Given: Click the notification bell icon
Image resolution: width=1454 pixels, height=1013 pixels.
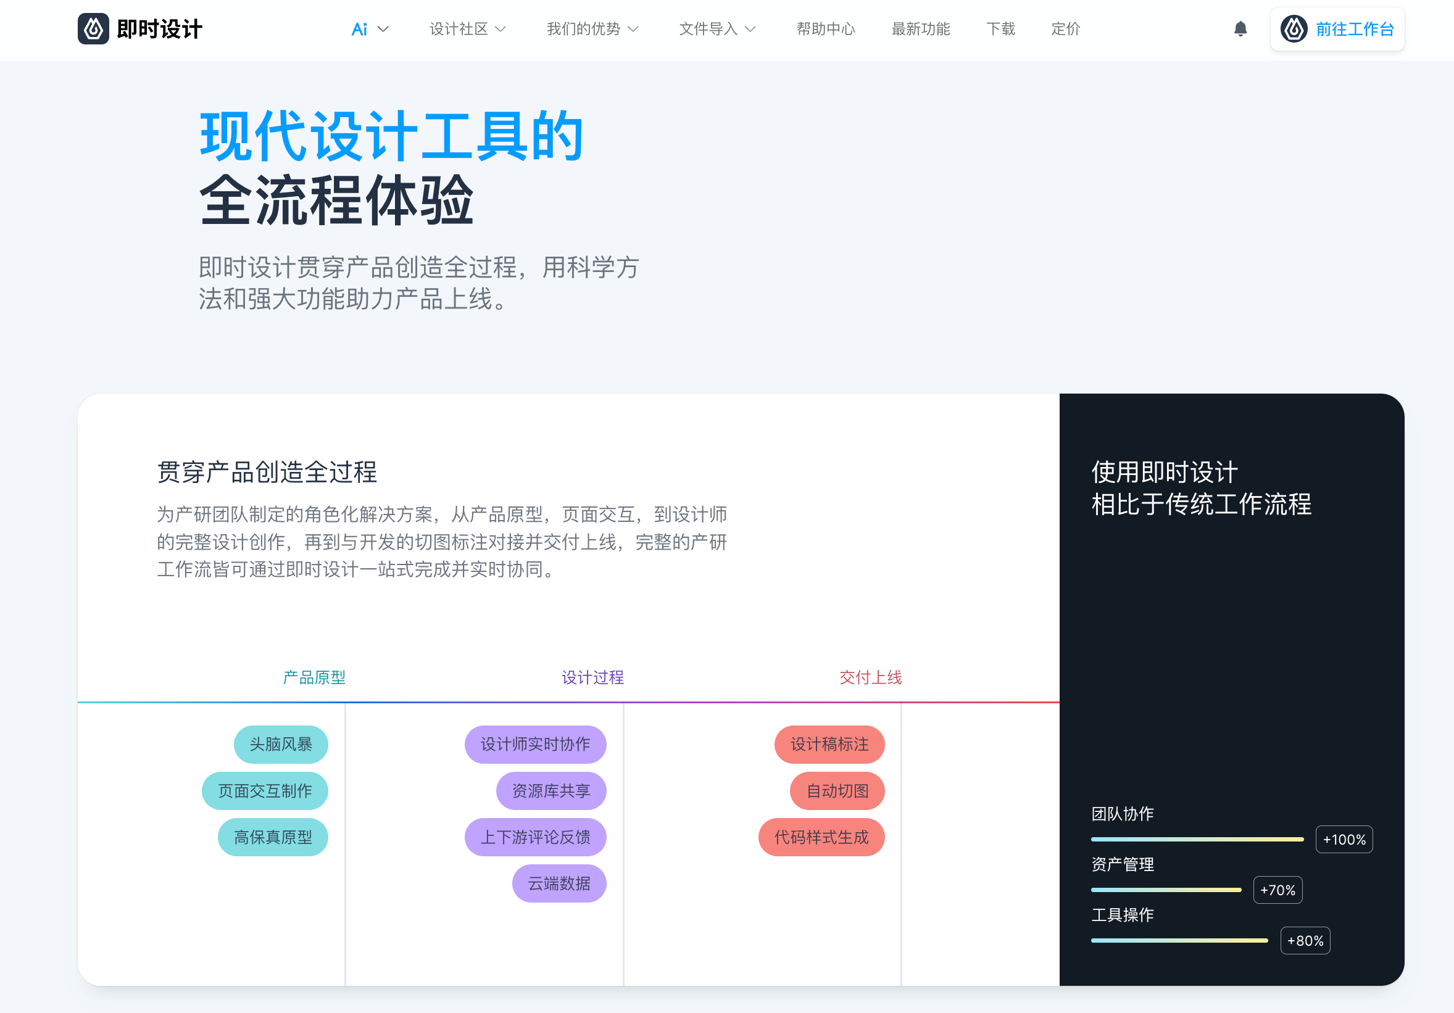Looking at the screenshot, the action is pyautogui.click(x=1240, y=29).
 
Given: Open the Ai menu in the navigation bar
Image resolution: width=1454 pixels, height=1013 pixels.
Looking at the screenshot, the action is pyautogui.click(x=370, y=29).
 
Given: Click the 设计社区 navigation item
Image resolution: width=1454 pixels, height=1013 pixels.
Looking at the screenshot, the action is pyautogui.click(x=467, y=29).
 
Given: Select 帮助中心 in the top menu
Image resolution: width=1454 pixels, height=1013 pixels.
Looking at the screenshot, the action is pyautogui.click(x=826, y=29).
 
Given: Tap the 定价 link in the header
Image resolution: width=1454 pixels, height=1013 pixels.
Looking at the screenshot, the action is pyautogui.click(x=1065, y=29).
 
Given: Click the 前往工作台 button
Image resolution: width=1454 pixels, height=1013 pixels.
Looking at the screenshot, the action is pyautogui.click(x=1337, y=29).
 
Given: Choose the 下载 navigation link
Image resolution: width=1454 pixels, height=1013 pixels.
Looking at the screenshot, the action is pyautogui.click(x=1000, y=29).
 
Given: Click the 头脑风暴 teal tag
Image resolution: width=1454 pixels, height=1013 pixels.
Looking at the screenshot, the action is pyautogui.click(x=281, y=744).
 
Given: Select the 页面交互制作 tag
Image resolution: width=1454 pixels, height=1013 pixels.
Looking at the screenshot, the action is pyautogui.click(x=265, y=791).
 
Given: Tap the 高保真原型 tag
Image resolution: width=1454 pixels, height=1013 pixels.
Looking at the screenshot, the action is pyautogui.click(x=273, y=837).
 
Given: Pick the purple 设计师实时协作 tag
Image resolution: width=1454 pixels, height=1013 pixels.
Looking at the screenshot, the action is pyautogui.click(x=535, y=744).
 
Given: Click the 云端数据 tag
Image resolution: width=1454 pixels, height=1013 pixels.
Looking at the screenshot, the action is pyautogui.click(x=559, y=883).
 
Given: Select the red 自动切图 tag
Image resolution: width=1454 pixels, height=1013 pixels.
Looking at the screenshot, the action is pyautogui.click(x=837, y=791).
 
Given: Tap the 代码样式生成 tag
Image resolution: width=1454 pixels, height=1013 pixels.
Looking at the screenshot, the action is pyautogui.click(x=821, y=837).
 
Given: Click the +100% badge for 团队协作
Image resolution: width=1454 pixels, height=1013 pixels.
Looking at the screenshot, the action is pyautogui.click(x=1344, y=840).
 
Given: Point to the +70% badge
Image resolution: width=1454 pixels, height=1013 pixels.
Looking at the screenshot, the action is pyautogui.click(x=1277, y=890).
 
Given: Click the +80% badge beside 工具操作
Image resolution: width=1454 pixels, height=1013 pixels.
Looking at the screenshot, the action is pyautogui.click(x=1305, y=941).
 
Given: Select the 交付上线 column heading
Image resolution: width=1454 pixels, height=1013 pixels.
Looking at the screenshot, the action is pyautogui.click(x=870, y=677).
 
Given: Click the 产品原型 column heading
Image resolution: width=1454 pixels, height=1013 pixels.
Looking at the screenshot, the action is pyautogui.click(x=314, y=677).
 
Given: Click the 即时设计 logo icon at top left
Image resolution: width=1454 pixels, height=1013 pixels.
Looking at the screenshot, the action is pyautogui.click(x=93, y=29).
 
